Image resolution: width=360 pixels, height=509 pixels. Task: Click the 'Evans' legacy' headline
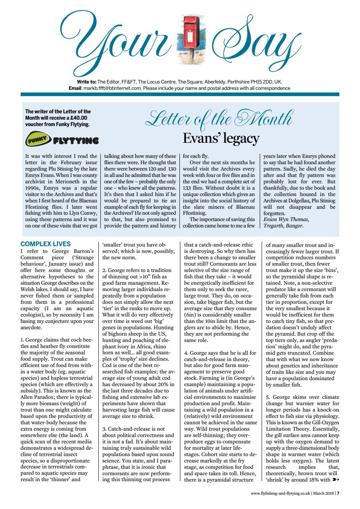221,138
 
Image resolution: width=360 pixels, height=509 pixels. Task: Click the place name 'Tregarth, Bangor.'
283,226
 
